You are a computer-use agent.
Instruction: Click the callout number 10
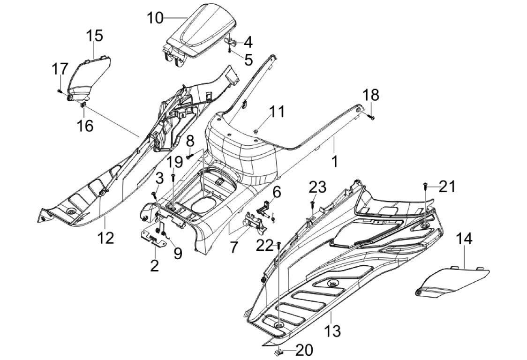(x=155, y=18)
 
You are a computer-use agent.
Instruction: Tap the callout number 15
(x=94, y=36)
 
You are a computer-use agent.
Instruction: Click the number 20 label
(x=303, y=350)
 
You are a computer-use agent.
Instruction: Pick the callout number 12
(x=106, y=238)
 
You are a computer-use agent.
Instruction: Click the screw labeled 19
(x=173, y=177)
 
